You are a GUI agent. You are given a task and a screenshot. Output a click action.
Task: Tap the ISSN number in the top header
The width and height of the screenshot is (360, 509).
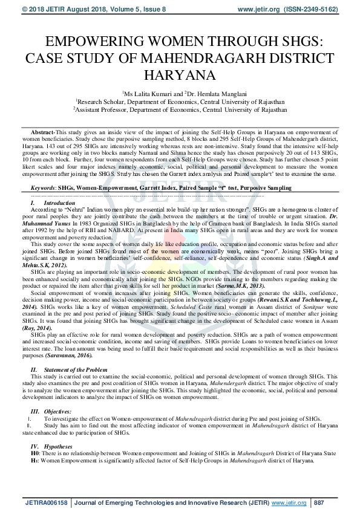tap(315, 10)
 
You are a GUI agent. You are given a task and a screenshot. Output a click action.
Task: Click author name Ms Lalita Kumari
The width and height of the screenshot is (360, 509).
tap(146, 94)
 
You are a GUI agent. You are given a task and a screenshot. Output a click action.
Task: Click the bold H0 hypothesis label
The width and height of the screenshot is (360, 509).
tap(34, 453)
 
